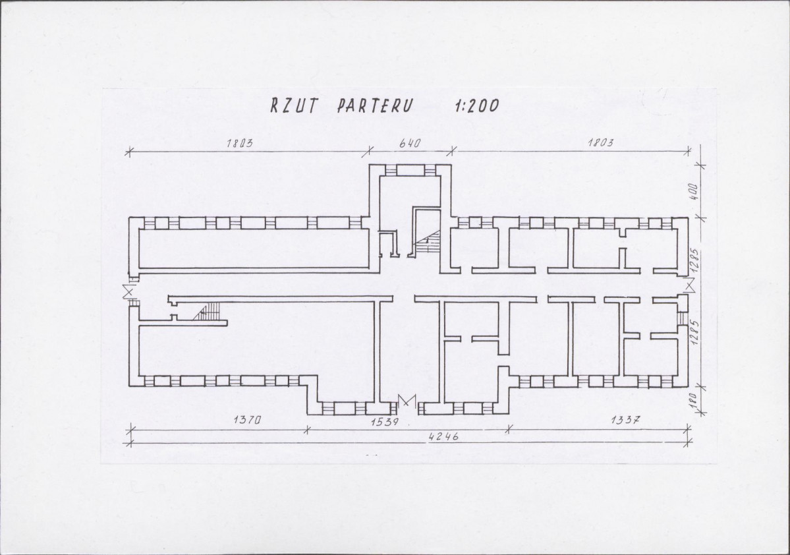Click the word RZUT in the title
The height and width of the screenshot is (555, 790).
click(295, 105)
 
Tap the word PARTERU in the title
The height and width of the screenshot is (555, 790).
click(375, 105)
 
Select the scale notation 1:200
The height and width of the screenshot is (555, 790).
click(476, 106)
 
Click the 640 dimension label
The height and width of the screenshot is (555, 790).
click(410, 143)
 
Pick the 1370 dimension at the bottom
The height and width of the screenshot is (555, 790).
click(246, 419)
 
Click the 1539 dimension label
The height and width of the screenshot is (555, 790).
click(385, 421)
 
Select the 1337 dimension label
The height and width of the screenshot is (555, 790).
click(625, 419)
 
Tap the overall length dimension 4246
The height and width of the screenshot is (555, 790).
click(444, 436)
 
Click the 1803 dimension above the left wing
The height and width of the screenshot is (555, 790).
click(239, 143)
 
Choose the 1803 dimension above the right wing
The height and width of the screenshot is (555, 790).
click(600, 142)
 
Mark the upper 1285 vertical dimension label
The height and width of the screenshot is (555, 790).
click(694, 259)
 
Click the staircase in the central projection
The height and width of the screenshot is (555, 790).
click(427, 242)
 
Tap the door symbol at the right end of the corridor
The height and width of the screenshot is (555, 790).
click(689, 286)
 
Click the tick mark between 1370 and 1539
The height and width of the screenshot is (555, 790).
click(307, 430)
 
